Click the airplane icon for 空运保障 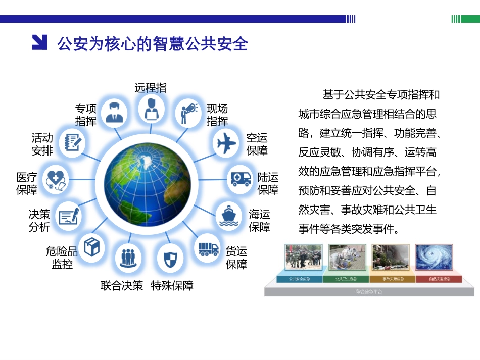pyautogui.click(x=227, y=143)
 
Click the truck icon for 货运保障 pyautogui.click(x=208, y=248)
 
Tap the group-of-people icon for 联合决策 pyautogui.click(x=126, y=258)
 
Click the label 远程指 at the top pyautogui.click(x=150, y=87)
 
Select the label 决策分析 pyautogui.click(x=39, y=221)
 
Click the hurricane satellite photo pyautogui.click(x=434, y=258)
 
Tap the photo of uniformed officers pyautogui.click(x=303, y=258)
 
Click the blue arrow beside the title pyautogui.click(x=39, y=42)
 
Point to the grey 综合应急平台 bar pyautogui.click(x=369, y=292)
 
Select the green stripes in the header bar pyautogui.click(x=456, y=19)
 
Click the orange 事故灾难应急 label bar pyautogui.click(x=392, y=279)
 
